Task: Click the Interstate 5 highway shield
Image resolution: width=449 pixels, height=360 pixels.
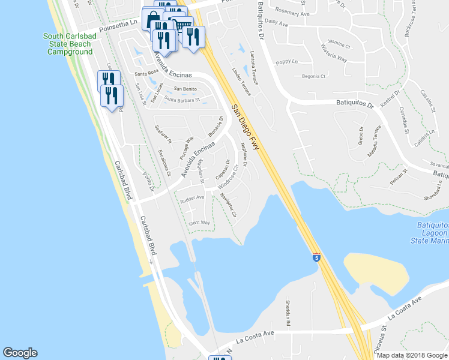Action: [316, 257]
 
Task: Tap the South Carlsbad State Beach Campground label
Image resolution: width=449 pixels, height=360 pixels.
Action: [70, 44]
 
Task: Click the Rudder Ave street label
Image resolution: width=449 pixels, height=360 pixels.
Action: [193, 197]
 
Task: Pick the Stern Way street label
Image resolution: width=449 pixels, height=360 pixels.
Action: [199, 223]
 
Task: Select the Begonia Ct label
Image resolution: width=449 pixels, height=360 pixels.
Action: [313, 76]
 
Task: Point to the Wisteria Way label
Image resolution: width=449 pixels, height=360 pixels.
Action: [334, 58]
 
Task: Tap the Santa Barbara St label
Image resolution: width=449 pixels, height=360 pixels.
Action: [182, 100]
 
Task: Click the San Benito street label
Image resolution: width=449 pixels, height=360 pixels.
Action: [185, 89]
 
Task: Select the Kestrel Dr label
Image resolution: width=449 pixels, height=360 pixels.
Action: [390, 100]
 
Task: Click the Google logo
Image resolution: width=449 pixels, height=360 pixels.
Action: [20, 353]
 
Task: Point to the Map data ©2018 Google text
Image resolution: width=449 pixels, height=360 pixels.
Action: [412, 355]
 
